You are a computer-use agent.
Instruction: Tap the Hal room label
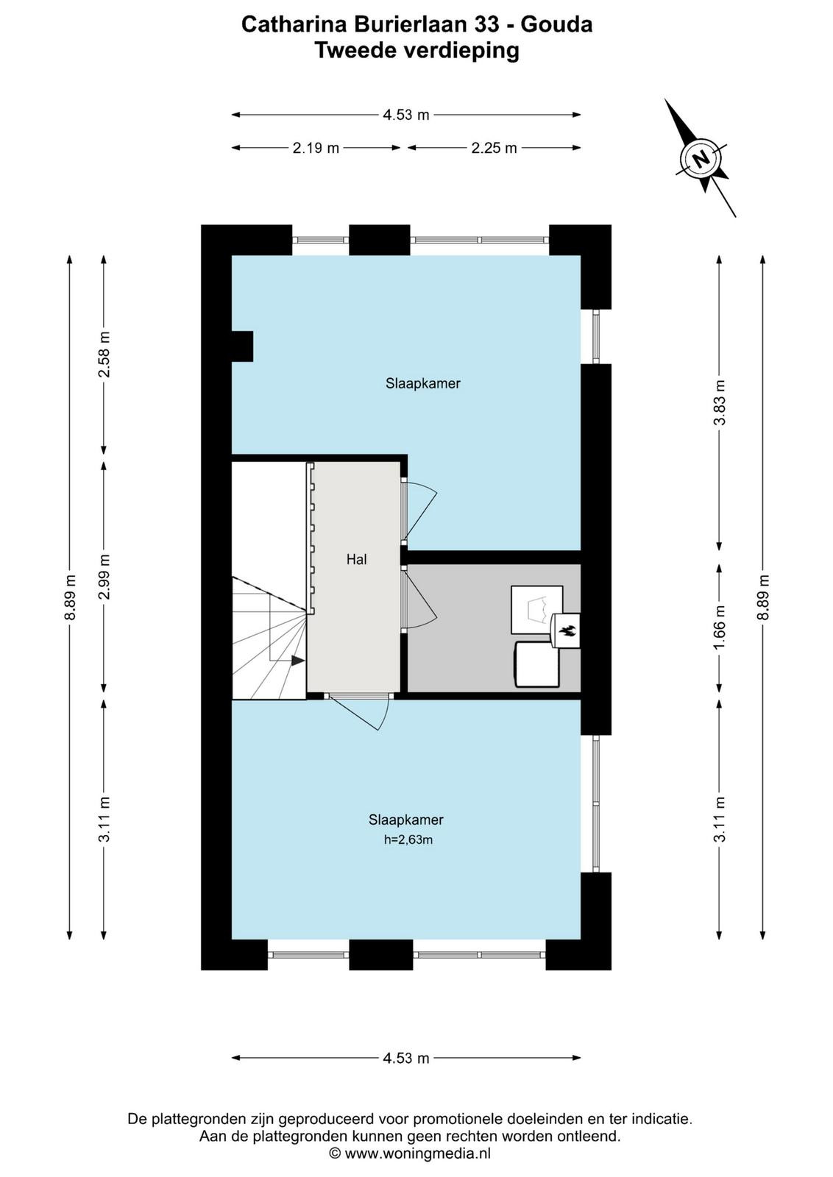point(356,560)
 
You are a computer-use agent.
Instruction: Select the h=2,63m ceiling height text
point(408,839)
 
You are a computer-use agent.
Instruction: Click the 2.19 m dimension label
point(316,148)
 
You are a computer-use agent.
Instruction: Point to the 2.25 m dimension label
point(494,148)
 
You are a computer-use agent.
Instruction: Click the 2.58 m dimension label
point(104,354)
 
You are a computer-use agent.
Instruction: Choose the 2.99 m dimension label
point(104,577)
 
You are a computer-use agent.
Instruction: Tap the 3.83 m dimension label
point(720,402)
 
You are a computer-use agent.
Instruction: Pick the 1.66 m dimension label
point(720,627)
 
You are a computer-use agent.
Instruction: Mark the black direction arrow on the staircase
point(298,661)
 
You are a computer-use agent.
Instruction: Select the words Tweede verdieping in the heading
point(416,51)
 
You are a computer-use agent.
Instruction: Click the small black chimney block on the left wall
point(243,346)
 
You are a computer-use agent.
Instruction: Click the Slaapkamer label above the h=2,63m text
point(405,819)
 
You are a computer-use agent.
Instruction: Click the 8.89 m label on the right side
point(763,597)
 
